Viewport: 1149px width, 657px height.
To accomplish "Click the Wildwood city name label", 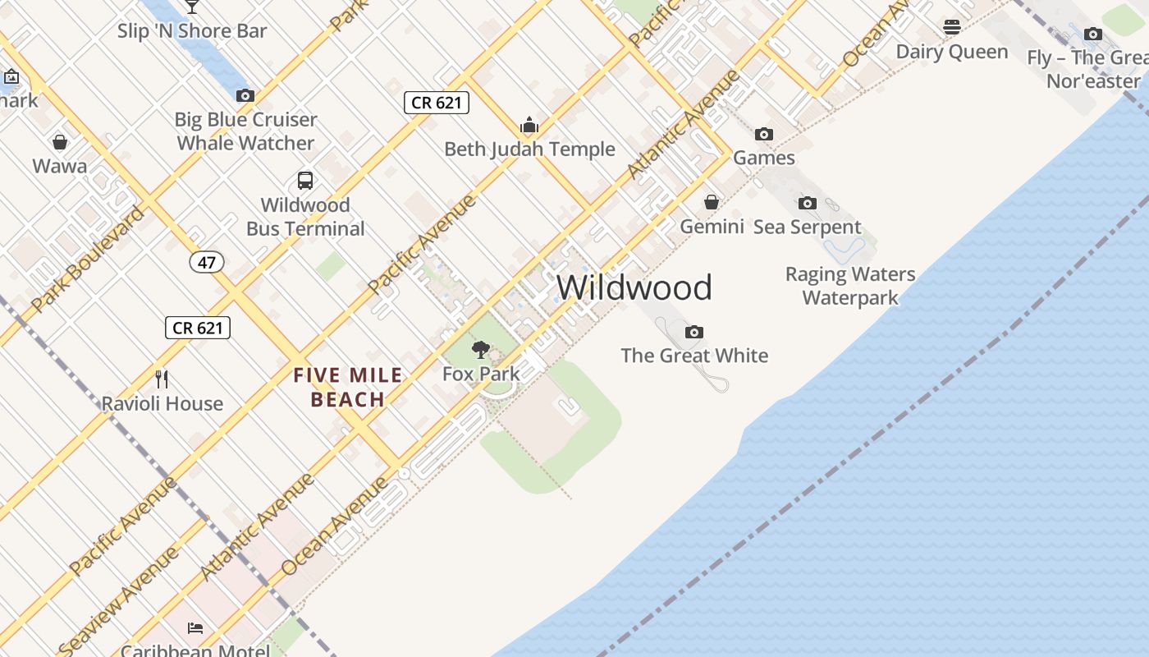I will (634, 287).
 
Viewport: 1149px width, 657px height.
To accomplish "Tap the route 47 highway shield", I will (206, 262).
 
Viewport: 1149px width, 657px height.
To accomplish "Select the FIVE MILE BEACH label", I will (349, 388).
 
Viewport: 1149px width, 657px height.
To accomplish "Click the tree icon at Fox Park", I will (481, 350).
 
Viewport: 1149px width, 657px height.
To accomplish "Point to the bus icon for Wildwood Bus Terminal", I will (305, 181).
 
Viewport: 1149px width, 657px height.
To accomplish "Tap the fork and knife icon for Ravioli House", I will (162, 379).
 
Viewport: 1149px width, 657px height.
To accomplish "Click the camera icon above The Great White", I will (694, 332).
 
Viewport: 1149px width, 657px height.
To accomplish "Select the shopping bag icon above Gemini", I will (712, 202).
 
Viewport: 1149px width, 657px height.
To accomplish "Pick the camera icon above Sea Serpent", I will (808, 203).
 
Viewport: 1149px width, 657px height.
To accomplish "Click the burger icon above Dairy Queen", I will (952, 27).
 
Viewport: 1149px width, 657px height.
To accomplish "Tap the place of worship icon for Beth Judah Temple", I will (529, 126).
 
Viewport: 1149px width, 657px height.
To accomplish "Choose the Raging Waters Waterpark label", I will (850, 286).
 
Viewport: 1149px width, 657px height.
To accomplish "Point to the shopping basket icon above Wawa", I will (60, 142).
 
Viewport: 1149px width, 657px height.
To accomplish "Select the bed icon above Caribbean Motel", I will (195, 628).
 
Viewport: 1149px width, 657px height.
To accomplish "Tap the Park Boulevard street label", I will (88, 259).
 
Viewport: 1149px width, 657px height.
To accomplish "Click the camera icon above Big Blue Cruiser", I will (245, 95).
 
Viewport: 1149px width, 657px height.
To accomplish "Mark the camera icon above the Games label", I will (764, 134).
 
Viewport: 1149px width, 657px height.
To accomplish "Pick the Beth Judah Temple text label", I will (529, 149).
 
